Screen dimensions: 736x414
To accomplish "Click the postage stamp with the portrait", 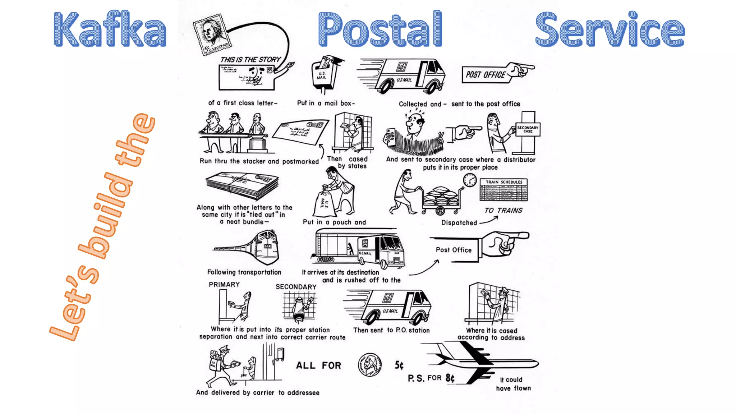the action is click(x=212, y=34).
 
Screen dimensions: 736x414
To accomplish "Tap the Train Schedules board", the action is click(x=503, y=191).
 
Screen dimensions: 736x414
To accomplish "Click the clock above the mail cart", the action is click(x=470, y=180).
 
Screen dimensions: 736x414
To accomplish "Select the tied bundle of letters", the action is click(x=242, y=185).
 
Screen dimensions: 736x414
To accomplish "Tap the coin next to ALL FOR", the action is click(x=369, y=365).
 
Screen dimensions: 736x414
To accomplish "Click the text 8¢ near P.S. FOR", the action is click(x=450, y=378).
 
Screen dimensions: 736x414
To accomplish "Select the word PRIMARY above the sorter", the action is click(x=224, y=285).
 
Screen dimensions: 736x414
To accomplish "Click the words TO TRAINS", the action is click(x=503, y=211).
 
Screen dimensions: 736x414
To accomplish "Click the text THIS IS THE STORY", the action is click(x=250, y=60).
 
